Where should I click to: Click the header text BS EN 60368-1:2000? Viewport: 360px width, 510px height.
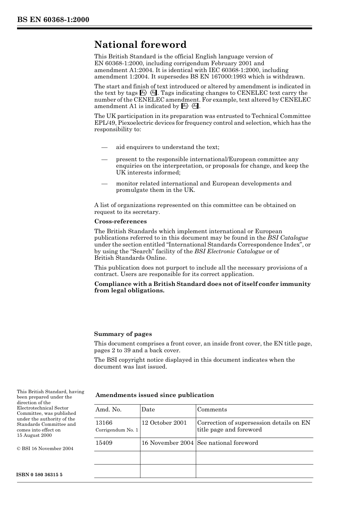[53, 20]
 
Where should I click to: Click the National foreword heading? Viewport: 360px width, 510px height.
[140, 45]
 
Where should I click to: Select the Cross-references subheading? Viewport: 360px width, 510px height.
[121, 221]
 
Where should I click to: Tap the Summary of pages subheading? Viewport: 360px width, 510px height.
[123, 334]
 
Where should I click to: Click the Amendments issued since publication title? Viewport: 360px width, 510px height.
[155, 395]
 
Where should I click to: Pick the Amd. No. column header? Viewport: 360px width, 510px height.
[108, 410]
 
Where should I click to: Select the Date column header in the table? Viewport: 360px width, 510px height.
[148, 410]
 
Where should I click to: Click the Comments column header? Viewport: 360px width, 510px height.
[212, 410]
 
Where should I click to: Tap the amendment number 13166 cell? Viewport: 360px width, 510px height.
[104, 423]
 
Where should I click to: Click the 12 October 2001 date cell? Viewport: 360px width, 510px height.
[164, 423]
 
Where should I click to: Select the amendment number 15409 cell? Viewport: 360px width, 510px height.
[104, 443]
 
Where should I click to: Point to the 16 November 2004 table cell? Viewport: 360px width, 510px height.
[167, 443]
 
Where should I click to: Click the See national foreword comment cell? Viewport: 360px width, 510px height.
[227, 443]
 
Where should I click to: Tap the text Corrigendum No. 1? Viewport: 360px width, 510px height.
[117, 430]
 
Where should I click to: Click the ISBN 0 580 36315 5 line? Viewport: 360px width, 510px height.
[40, 475]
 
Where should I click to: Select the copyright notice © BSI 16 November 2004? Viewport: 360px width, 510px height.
[45, 449]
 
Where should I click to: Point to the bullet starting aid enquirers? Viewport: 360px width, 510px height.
[167, 147]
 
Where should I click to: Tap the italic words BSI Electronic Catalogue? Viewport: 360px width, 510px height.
[229, 251]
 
